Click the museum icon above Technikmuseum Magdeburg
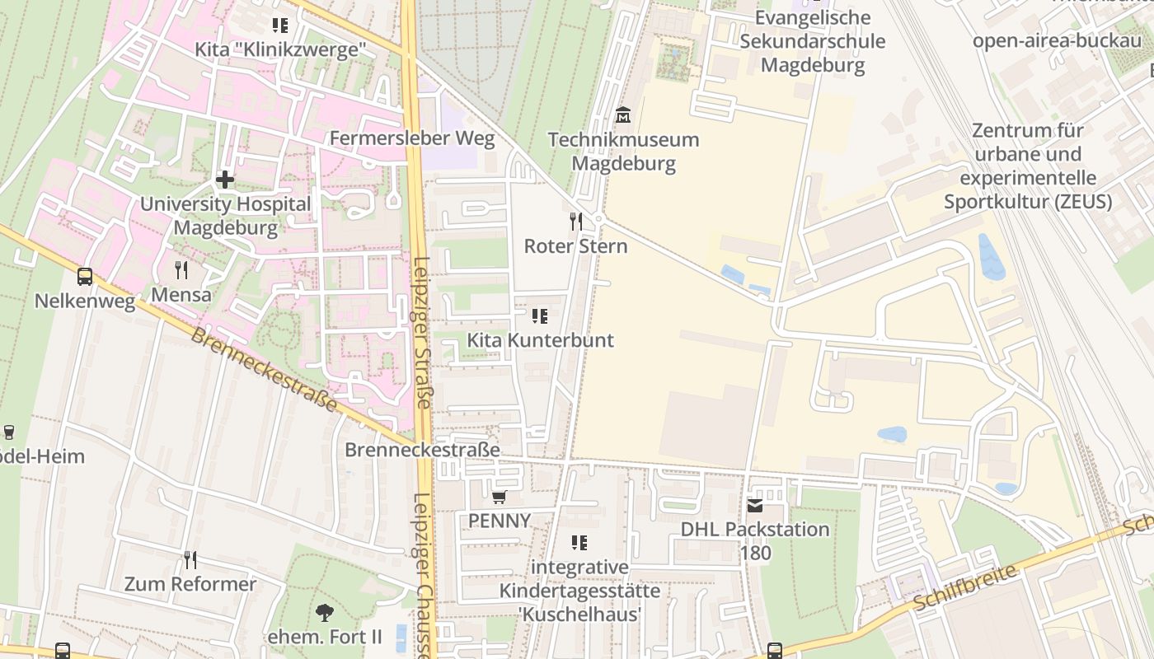tap(623, 115)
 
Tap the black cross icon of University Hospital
tap(224, 179)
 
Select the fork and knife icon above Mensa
tap(181, 269)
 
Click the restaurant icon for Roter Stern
tap(576, 221)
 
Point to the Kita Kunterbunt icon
tap(540, 315)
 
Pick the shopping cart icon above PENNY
tap(498, 497)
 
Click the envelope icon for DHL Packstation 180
tap(755, 505)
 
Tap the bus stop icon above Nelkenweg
tap(85, 277)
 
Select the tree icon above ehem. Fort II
tap(325, 612)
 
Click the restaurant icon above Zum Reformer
tap(190, 560)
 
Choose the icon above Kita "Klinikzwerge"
tap(280, 26)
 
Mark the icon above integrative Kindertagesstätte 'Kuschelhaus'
tap(579, 542)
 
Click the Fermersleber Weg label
tap(412, 138)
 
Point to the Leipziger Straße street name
tap(422, 333)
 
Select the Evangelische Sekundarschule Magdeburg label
tap(812, 41)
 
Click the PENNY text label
tap(500, 521)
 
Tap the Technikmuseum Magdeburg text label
tap(623, 152)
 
